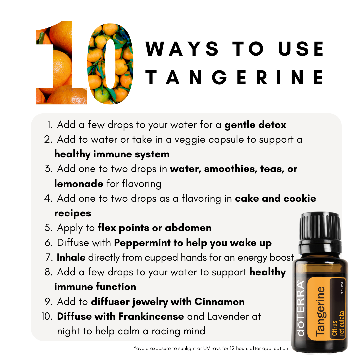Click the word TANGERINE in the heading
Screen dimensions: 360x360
click(x=234, y=78)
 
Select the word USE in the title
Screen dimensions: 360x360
click(x=301, y=49)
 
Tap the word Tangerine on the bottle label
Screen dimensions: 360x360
click(x=320, y=311)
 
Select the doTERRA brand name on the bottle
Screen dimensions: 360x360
click(x=301, y=308)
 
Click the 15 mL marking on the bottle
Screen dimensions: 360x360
click(x=342, y=287)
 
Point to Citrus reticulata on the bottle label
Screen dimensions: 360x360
click(x=338, y=323)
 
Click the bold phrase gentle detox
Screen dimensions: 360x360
click(x=255, y=125)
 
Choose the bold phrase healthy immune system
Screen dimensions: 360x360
click(x=112, y=154)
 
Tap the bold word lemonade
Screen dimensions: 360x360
click(x=79, y=184)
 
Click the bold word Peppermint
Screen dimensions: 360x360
click(x=142, y=243)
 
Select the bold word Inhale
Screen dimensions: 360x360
click(x=71, y=257)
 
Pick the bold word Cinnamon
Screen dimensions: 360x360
click(x=219, y=302)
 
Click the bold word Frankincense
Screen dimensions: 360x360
click(x=151, y=316)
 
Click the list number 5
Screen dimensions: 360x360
click(x=49, y=228)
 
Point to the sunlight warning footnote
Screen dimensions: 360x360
click(x=211, y=348)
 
